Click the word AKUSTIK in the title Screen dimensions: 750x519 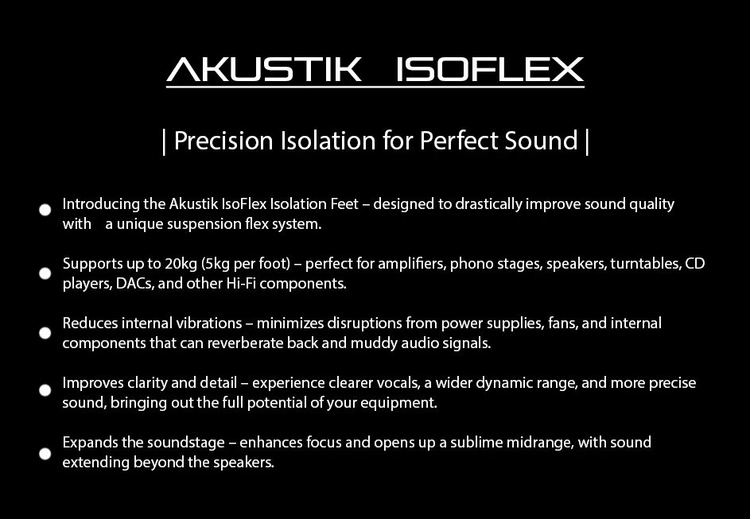tap(263, 69)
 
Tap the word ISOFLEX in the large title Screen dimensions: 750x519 tap(490, 69)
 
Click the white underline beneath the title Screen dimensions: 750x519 tap(375, 87)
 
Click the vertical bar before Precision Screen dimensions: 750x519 tap(164, 141)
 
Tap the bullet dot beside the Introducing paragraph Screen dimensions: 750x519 tap(45, 210)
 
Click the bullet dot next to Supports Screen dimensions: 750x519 tap(45, 273)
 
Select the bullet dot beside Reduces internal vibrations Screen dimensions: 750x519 tap(45, 332)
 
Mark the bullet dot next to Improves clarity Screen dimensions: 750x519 tap(45, 390)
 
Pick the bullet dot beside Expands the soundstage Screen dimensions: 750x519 tap(45, 453)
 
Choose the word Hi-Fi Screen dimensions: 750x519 tap(241, 284)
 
